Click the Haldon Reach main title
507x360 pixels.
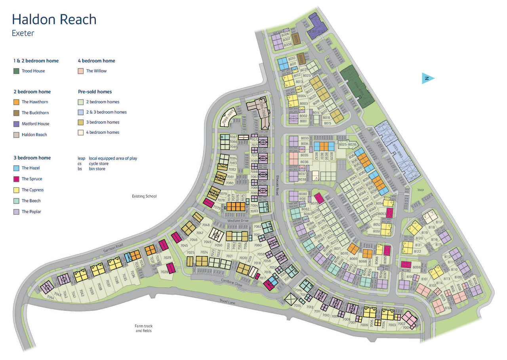[54, 19]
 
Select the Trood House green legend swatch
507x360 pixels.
[16, 71]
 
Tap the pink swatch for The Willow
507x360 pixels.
[80, 71]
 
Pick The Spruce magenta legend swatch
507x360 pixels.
[16, 179]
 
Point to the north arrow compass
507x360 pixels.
[428, 78]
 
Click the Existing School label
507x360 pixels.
[144, 196]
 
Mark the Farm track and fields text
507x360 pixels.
[143, 328]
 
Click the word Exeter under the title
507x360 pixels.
[23, 34]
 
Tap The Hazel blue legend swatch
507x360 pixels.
[16, 168]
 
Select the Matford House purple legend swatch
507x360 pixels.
[16, 124]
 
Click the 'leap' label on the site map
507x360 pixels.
[420, 190]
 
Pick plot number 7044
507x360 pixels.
[50, 297]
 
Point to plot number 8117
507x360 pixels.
[438, 222]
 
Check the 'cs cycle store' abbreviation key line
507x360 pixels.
[93, 164]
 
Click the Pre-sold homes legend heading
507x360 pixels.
[95, 91]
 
